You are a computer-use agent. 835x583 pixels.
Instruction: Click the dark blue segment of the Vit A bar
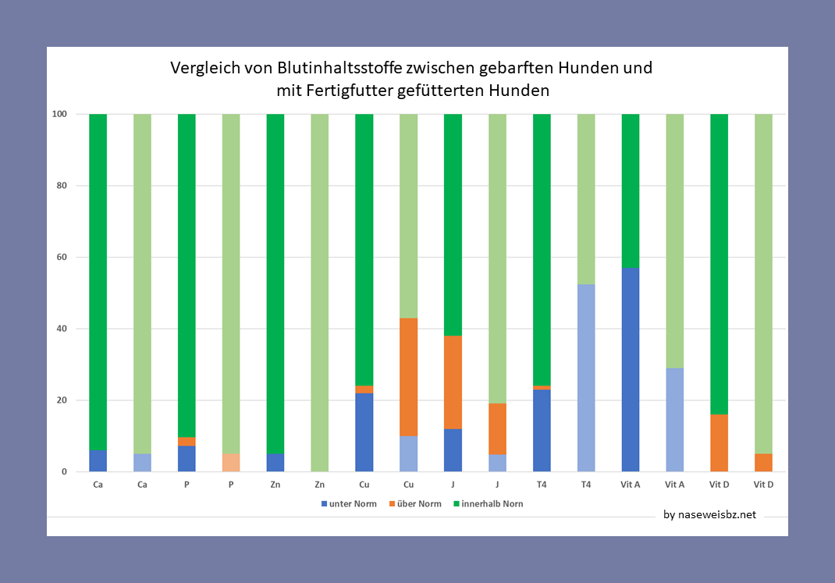[631, 370]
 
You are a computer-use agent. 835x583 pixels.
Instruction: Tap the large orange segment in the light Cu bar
[409, 377]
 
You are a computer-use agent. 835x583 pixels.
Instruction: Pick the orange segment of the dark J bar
[453, 382]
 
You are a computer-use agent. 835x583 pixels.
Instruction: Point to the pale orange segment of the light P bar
[231, 462]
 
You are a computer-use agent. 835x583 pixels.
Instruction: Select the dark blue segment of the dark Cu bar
[364, 432]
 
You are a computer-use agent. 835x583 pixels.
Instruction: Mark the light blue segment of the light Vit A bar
[674, 420]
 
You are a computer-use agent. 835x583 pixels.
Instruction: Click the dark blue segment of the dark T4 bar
[542, 430]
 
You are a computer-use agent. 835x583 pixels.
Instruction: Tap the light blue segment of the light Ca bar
[142, 462]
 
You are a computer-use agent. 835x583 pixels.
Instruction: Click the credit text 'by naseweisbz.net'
[709, 515]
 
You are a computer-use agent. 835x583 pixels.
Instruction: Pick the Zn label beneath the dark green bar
[275, 485]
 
